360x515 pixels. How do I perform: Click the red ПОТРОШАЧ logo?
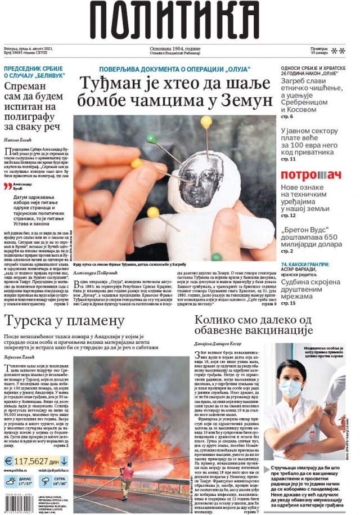tap(311, 174)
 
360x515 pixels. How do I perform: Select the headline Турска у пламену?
tap(64, 321)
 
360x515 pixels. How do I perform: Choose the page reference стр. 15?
tap(288, 303)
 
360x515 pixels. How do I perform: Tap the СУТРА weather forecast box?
tap(53, 481)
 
